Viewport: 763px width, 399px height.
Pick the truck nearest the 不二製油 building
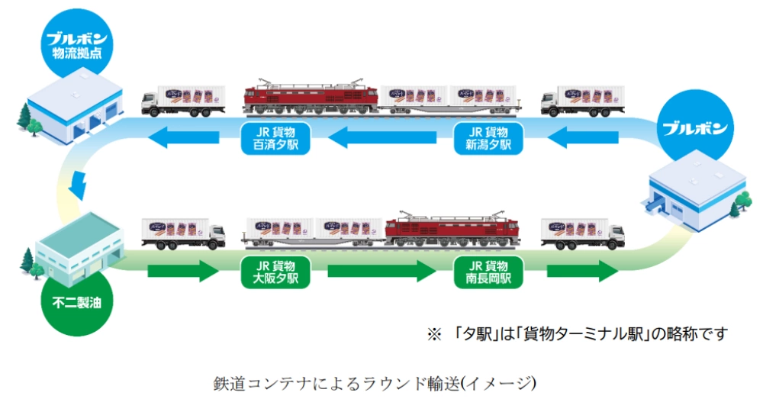click(183, 233)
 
